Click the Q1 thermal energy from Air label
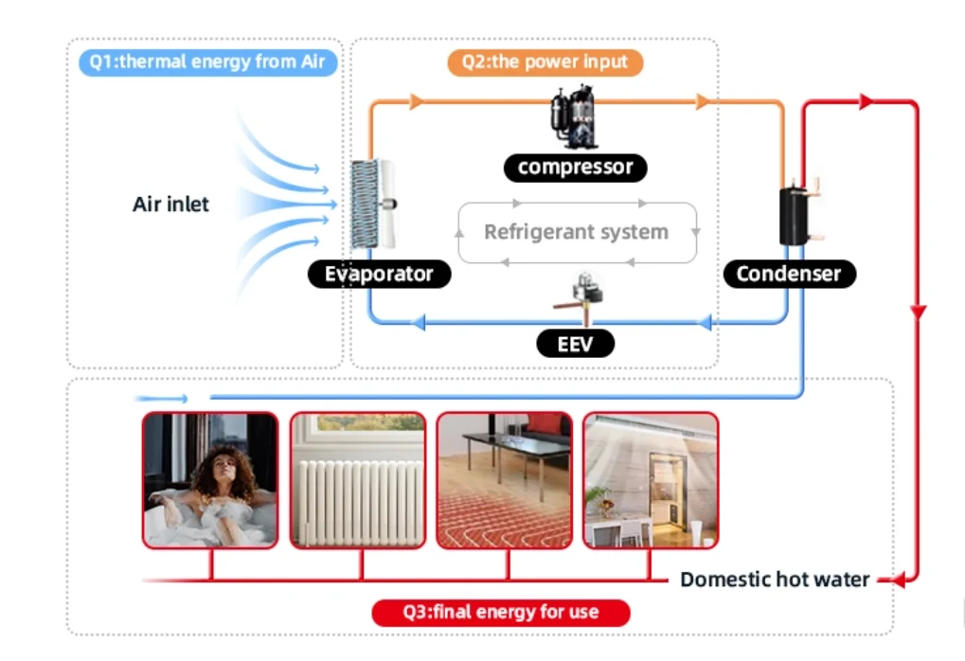pos(207,63)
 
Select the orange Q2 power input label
pos(545,63)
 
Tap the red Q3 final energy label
pos(501,612)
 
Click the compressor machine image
pos(574,116)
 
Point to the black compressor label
pos(576,168)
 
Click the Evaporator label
pos(379,275)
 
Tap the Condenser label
pos(788,275)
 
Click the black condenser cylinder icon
pos(793,217)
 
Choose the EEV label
pos(575,343)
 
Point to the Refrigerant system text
pos(576,232)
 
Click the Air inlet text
pos(170,204)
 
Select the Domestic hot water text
pos(775,579)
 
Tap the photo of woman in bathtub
pos(210,480)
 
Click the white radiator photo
pos(358,480)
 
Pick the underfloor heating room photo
pos(505,480)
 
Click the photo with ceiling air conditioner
pos(651,480)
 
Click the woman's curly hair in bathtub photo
pos(225,464)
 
